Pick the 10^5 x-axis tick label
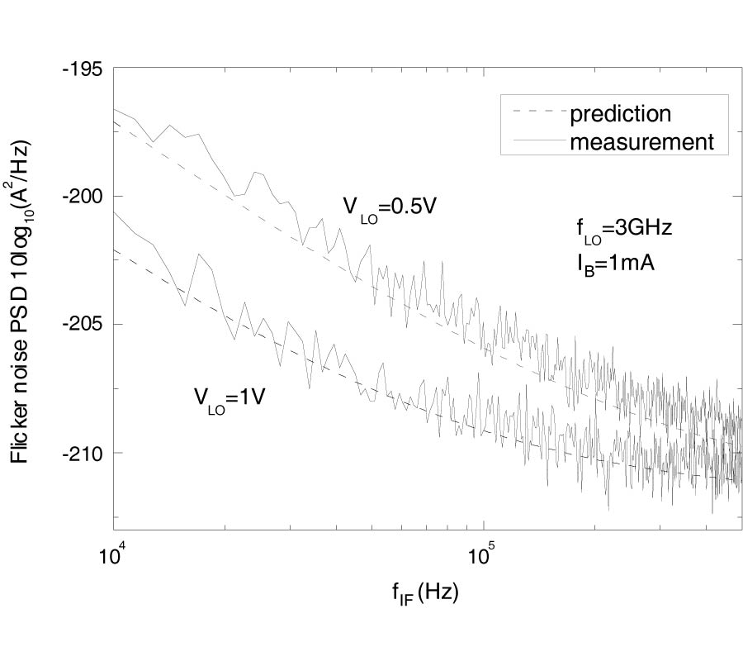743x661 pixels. pyautogui.click(x=482, y=553)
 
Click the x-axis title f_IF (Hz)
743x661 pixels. pyautogui.click(x=427, y=592)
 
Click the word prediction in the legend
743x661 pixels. pyautogui.click(x=620, y=112)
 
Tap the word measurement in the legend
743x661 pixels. pyautogui.click(x=641, y=141)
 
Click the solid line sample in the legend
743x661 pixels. pyautogui.click(x=537, y=141)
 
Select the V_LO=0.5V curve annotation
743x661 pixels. pyautogui.click(x=389, y=208)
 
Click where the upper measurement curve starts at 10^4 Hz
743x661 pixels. pyautogui.click(x=114, y=108)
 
